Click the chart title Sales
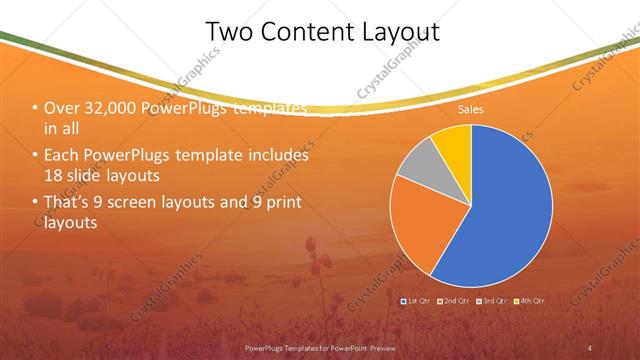coord(471,110)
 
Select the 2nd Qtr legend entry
coord(454,300)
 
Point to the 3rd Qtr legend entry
coord(492,300)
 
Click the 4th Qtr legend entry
coord(530,300)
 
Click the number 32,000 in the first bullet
coord(111,108)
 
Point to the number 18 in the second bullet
coord(52,175)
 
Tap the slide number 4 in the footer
coord(590,347)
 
